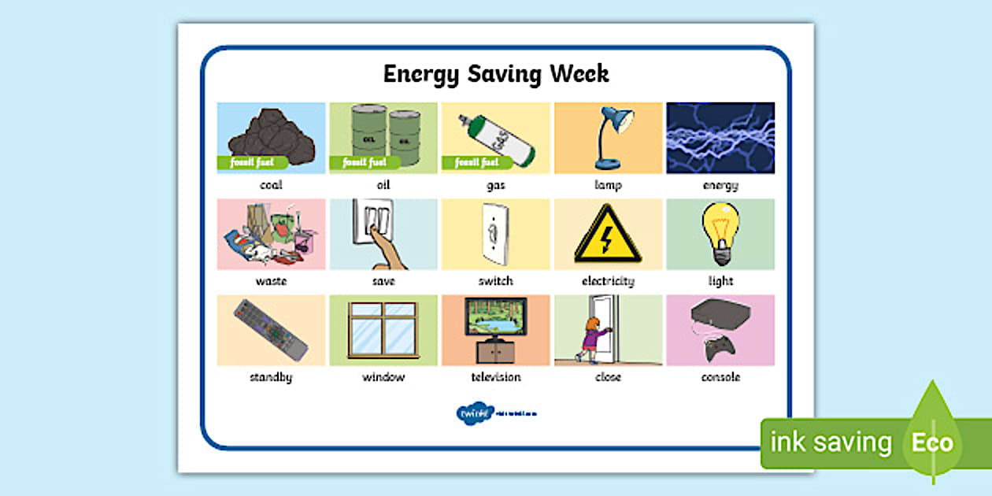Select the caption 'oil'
click(383, 185)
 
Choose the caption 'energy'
click(720, 186)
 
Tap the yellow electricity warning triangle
click(608, 234)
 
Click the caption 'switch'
click(495, 281)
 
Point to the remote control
click(270, 329)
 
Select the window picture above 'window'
click(383, 329)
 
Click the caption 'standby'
click(271, 377)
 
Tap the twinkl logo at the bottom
click(474, 413)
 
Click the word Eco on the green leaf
click(932, 442)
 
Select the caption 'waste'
click(271, 281)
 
